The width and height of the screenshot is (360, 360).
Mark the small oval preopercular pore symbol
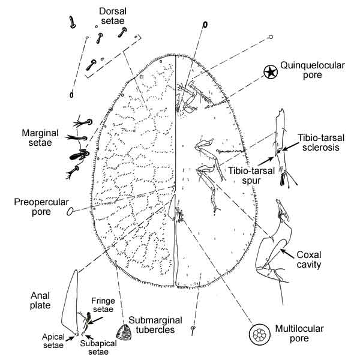pos(70,211)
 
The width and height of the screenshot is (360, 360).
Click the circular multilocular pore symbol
pos(262,334)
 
